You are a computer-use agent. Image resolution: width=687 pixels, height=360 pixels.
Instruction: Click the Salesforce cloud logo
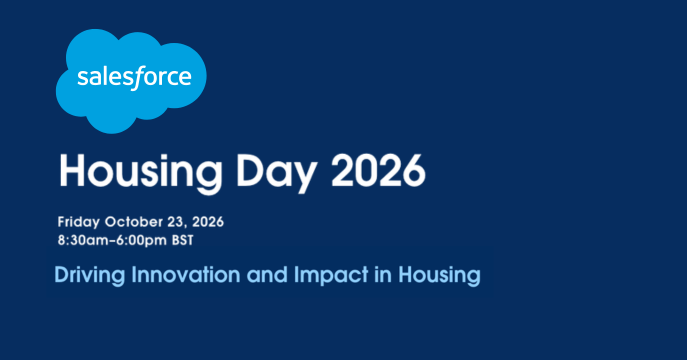coord(131,81)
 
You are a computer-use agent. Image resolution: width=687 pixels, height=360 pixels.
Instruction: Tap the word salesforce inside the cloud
coord(135,78)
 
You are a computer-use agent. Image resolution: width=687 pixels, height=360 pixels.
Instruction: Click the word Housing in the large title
coord(141,173)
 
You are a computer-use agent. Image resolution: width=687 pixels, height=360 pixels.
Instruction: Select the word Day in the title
coord(276,173)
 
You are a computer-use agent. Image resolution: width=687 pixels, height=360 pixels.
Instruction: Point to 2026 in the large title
coord(378,171)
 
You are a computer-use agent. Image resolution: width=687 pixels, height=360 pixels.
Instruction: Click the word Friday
coord(78,222)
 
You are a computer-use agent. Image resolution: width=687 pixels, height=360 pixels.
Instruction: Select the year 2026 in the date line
coord(208,222)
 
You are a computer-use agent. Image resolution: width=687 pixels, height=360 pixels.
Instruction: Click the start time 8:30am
coord(85,240)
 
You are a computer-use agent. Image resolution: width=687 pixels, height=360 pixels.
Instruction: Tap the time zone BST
coord(182,240)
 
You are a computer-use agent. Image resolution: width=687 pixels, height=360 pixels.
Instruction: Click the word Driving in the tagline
coord(90,276)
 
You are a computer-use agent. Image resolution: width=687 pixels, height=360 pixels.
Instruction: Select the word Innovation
coord(186,275)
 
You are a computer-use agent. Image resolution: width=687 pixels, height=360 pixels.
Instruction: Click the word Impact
coord(331,276)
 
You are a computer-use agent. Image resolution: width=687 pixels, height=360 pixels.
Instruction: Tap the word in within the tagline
coord(383,275)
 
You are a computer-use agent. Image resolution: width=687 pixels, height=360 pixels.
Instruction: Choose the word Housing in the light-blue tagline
coord(439,276)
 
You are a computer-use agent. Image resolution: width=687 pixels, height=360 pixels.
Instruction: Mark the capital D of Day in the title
coord(250,171)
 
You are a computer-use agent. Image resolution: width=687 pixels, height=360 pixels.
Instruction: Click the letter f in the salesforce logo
coord(138,78)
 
